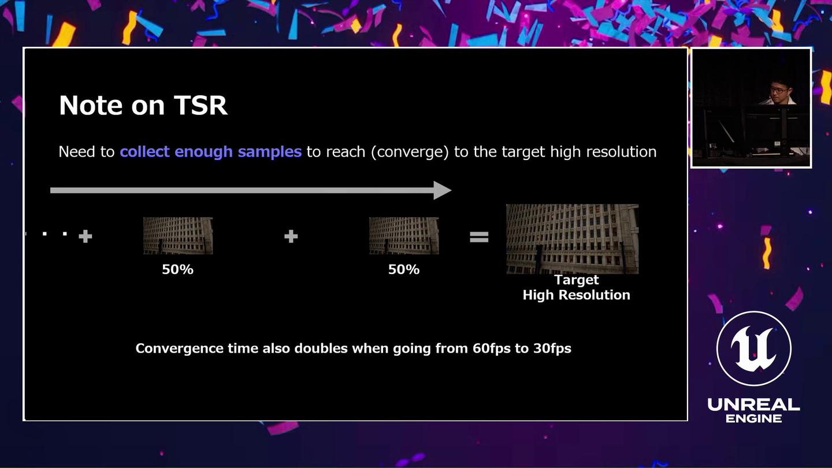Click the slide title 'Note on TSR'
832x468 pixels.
pyautogui.click(x=143, y=105)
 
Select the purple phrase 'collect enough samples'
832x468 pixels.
pyautogui.click(x=210, y=151)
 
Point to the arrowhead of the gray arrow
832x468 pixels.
pyautogui.click(x=443, y=190)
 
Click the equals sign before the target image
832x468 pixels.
pyautogui.click(x=479, y=236)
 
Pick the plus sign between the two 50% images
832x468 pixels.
pyautogui.click(x=291, y=236)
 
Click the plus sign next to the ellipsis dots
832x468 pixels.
pyautogui.click(x=86, y=236)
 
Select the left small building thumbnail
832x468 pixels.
pyautogui.click(x=178, y=235)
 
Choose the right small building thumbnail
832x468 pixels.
pyautogui.click(x=404, y=235)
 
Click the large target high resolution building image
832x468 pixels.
pyautogui.click(x=572, y=239)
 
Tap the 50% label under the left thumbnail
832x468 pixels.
pyautogui.click(x=178, y=269)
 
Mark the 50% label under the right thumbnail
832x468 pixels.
pyautogui.click(x=404, y=269)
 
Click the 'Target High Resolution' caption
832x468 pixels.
pyautogui.click(x=576, y=287)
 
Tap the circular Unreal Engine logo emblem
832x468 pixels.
pyautogui.click(x=753, y=348)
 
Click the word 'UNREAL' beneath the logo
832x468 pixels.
pyautogui.click(x=753, y=404)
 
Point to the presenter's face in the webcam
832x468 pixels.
pyautogui.click(x=779, y=89)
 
